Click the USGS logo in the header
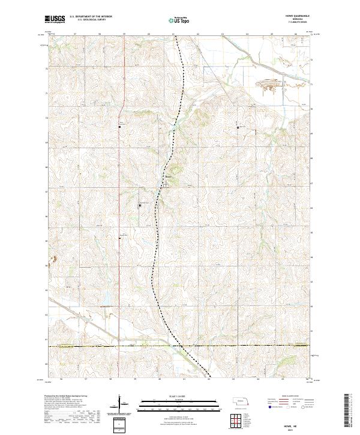[x=56, y=20]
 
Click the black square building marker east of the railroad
[x=238, y=127]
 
